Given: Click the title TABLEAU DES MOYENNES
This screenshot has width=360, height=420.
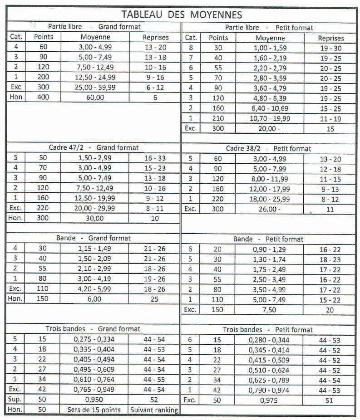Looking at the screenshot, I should coord(182,14).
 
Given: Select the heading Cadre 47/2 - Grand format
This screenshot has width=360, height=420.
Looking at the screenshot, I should coord(94,147).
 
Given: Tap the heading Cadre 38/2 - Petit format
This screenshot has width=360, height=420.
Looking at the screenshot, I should coord(268,148).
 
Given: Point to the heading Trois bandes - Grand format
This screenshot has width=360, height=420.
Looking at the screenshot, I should coord(93,328).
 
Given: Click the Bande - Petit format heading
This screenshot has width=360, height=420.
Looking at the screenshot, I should coord(268,239).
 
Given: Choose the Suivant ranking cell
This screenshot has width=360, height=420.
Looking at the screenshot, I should coord(154,410).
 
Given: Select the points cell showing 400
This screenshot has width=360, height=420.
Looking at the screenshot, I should coord(44,97).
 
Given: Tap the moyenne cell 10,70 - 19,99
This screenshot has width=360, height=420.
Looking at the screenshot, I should coord(270,118).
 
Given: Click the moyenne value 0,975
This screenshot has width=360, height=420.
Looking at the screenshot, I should coord(270,400).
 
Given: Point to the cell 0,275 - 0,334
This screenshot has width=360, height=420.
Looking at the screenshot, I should coord(94,339).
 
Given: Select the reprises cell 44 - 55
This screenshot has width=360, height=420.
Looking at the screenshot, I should coord(154,380).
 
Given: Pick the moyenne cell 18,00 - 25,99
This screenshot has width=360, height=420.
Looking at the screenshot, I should coord(270,199).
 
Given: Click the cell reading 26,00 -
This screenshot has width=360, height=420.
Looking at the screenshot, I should coord(270,209).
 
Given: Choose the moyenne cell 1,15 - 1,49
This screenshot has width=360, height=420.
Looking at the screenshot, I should coord(94,249).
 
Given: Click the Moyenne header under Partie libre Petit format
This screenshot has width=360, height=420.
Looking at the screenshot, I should coord(270,39).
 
